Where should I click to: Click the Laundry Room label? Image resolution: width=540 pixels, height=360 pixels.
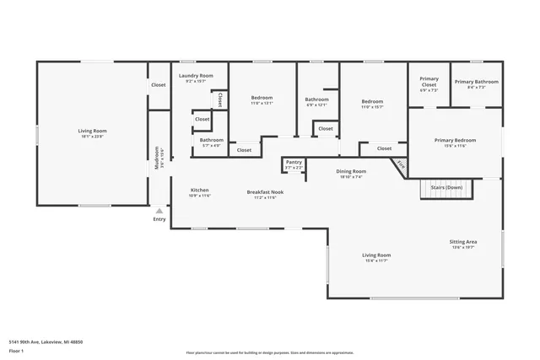click(x=196, y=76)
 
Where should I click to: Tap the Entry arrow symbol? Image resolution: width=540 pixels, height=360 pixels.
click(x=159, y=210)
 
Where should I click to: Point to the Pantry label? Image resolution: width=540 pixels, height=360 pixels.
click(x=294, y=162)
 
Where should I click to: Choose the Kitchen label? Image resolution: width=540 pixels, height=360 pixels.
click(x=199, y=190)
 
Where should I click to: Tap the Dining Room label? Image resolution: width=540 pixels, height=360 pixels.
click(x=351, y=171)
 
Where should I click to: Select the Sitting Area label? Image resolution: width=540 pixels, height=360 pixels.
click(x=462, y=241)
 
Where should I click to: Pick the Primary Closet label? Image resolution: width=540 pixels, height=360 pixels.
click(x=429, y=82)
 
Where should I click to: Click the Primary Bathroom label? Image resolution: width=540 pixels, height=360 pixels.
click(x=476, y=82)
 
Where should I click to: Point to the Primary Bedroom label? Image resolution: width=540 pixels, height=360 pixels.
click(x=455, y=140)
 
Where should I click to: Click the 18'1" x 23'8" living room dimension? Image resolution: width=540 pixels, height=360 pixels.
click(x=92, y=136)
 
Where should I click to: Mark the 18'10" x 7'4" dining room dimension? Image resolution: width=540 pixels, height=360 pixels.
click(x=351, y=177)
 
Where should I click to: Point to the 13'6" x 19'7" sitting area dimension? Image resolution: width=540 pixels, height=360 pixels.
click(x=462, y=247)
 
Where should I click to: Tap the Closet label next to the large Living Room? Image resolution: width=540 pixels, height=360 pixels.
click(x=159, y=84)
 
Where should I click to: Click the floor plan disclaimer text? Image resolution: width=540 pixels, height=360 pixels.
click(x=270, y=352)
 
